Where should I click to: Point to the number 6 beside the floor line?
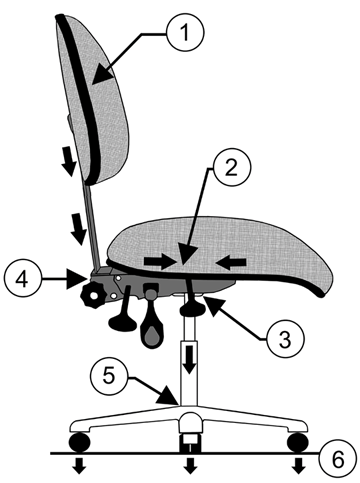(338, 459)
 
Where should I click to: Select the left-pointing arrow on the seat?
(231, 262)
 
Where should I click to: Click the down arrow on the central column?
(187, 361)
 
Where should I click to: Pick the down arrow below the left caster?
(78, 467)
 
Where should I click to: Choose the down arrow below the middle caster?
(189, 467)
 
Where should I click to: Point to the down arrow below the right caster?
(298, 467)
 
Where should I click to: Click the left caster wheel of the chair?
(77, 441)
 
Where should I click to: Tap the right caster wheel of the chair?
(297, 441)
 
